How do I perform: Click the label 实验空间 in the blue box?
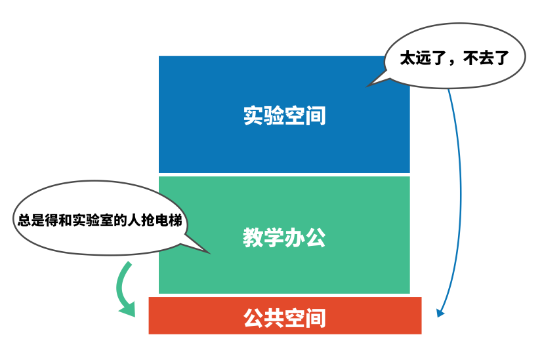tap(284, 116)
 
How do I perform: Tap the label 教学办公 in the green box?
tap(284, 237)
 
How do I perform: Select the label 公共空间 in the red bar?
tap(284, 319)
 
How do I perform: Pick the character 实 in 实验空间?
tap(253, 116)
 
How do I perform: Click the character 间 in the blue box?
tap(316, 116)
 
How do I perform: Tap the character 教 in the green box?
tap(253, 237)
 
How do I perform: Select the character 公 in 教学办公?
tap(316, 237)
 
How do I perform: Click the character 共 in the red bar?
tap(274, 319)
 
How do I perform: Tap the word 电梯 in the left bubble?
tap(169, 220)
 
